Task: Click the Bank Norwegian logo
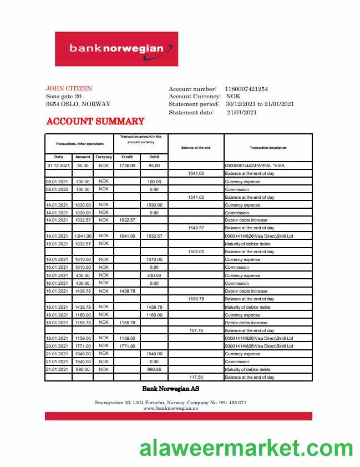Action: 116,49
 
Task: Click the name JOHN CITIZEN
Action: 69,88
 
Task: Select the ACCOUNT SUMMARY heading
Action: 95,121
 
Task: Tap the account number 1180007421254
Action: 246,89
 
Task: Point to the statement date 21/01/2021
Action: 242,112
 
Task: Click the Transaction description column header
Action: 268,147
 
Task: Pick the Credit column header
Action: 127,157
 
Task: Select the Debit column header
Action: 154,157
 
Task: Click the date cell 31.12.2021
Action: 58,165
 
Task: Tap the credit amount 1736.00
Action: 127,165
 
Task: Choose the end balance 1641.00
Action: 196,173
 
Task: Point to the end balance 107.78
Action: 196,330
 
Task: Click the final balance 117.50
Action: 196,378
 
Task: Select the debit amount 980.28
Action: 154,369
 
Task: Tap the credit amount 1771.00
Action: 127,346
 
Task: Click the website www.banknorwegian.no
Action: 170,408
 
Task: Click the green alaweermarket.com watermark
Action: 246,448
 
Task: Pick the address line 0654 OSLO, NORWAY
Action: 78,104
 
